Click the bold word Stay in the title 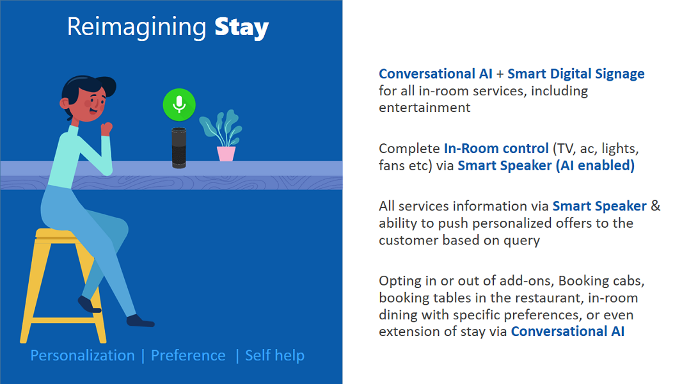(x=242, y=28)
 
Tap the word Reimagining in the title (x=136, y=28)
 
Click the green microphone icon (x=178, y=105)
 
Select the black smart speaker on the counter (x=178, y=147)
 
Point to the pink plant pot (x=226, y=154)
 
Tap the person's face (x=92, y=104)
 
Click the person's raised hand (x=106, y=129)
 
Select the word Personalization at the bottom (x=83, y=356)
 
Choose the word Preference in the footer (x=188, y=356)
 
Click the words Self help (x=274, y=356)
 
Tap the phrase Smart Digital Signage (x=576, y=74)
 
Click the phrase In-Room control (x=496, y=148)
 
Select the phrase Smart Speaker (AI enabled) (x=546, y=166)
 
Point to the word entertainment (x=425, y=108)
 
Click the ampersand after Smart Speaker (x=656, y=205)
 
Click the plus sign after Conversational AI (x=500, y=74)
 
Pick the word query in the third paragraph (x=522, y=241)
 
